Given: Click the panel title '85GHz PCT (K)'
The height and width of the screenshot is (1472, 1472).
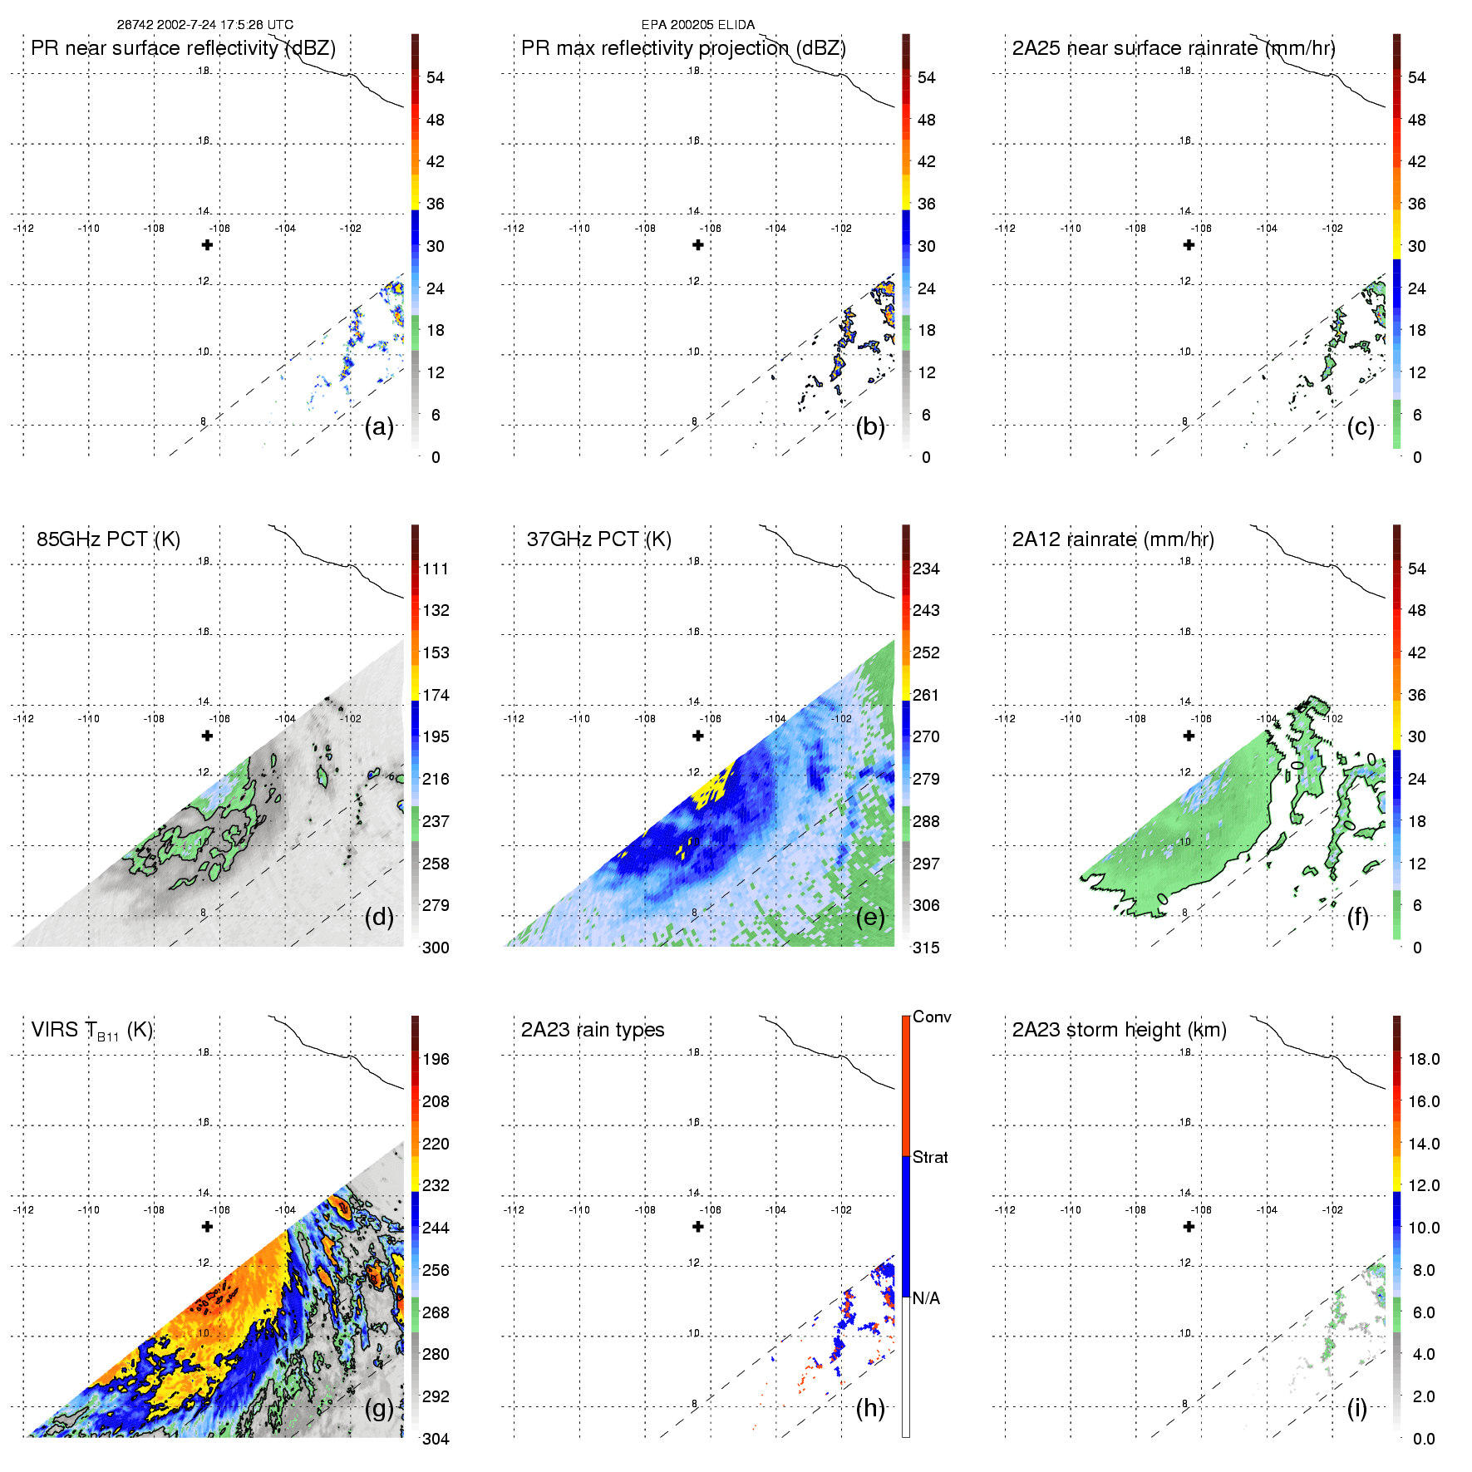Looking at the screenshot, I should [x=108, y=539].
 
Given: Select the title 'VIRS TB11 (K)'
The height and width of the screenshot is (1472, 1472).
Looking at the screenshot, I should [x=91, y=1031].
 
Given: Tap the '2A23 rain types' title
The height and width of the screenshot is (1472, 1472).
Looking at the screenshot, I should [x=593, y=1030].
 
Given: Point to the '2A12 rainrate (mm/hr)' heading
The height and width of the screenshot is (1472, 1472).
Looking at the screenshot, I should [x=1113, y=539].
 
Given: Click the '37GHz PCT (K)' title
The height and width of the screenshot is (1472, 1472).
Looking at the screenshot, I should [x=598, y=539].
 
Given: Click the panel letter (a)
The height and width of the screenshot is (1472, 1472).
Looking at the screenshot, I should [x=379, y=427].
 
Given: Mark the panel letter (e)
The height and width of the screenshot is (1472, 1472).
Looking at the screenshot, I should [x=870, y=918].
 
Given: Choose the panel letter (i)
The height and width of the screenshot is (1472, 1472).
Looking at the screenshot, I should [x=1357, y=1408].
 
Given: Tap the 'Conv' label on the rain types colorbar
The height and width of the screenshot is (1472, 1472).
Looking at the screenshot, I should [x=932, y=1017].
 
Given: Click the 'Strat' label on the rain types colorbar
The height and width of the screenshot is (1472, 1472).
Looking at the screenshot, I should [x=930, y=1157].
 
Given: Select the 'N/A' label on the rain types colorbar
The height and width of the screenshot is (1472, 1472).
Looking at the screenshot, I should [x=926, y=1298].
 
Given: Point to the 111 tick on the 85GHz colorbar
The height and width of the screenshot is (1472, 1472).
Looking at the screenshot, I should [x=436, y=569].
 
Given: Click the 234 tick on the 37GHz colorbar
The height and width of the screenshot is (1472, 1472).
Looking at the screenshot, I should [x=926, y=569].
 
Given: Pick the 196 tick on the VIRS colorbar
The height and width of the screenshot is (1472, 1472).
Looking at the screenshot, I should [x=436, y=1059].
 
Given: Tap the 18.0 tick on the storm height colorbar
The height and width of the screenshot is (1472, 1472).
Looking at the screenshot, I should [x=1424, y=1059].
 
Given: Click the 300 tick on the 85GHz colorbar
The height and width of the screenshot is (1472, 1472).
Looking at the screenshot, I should [x=436, y=948].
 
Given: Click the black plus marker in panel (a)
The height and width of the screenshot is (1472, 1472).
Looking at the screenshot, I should [x=207, y=245].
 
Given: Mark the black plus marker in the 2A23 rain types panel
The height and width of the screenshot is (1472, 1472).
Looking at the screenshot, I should [x=698, y=1227].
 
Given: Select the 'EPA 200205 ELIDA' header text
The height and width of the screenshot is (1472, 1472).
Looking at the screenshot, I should [x=698, y=25].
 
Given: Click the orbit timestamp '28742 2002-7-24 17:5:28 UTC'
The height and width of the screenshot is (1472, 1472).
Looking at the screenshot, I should [x=205, y=25].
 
